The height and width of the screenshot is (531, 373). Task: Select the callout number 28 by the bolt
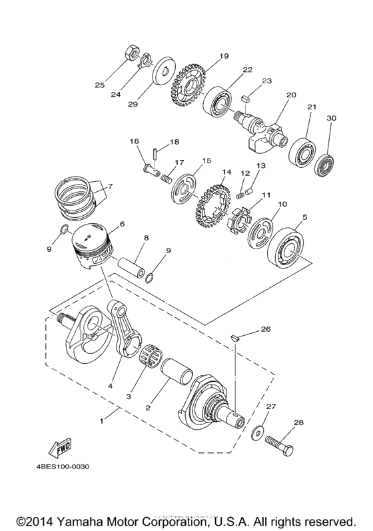click(298, 422)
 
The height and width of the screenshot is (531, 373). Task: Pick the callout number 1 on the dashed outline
click(102, 422)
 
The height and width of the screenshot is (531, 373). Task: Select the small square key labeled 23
click(244, 95)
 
